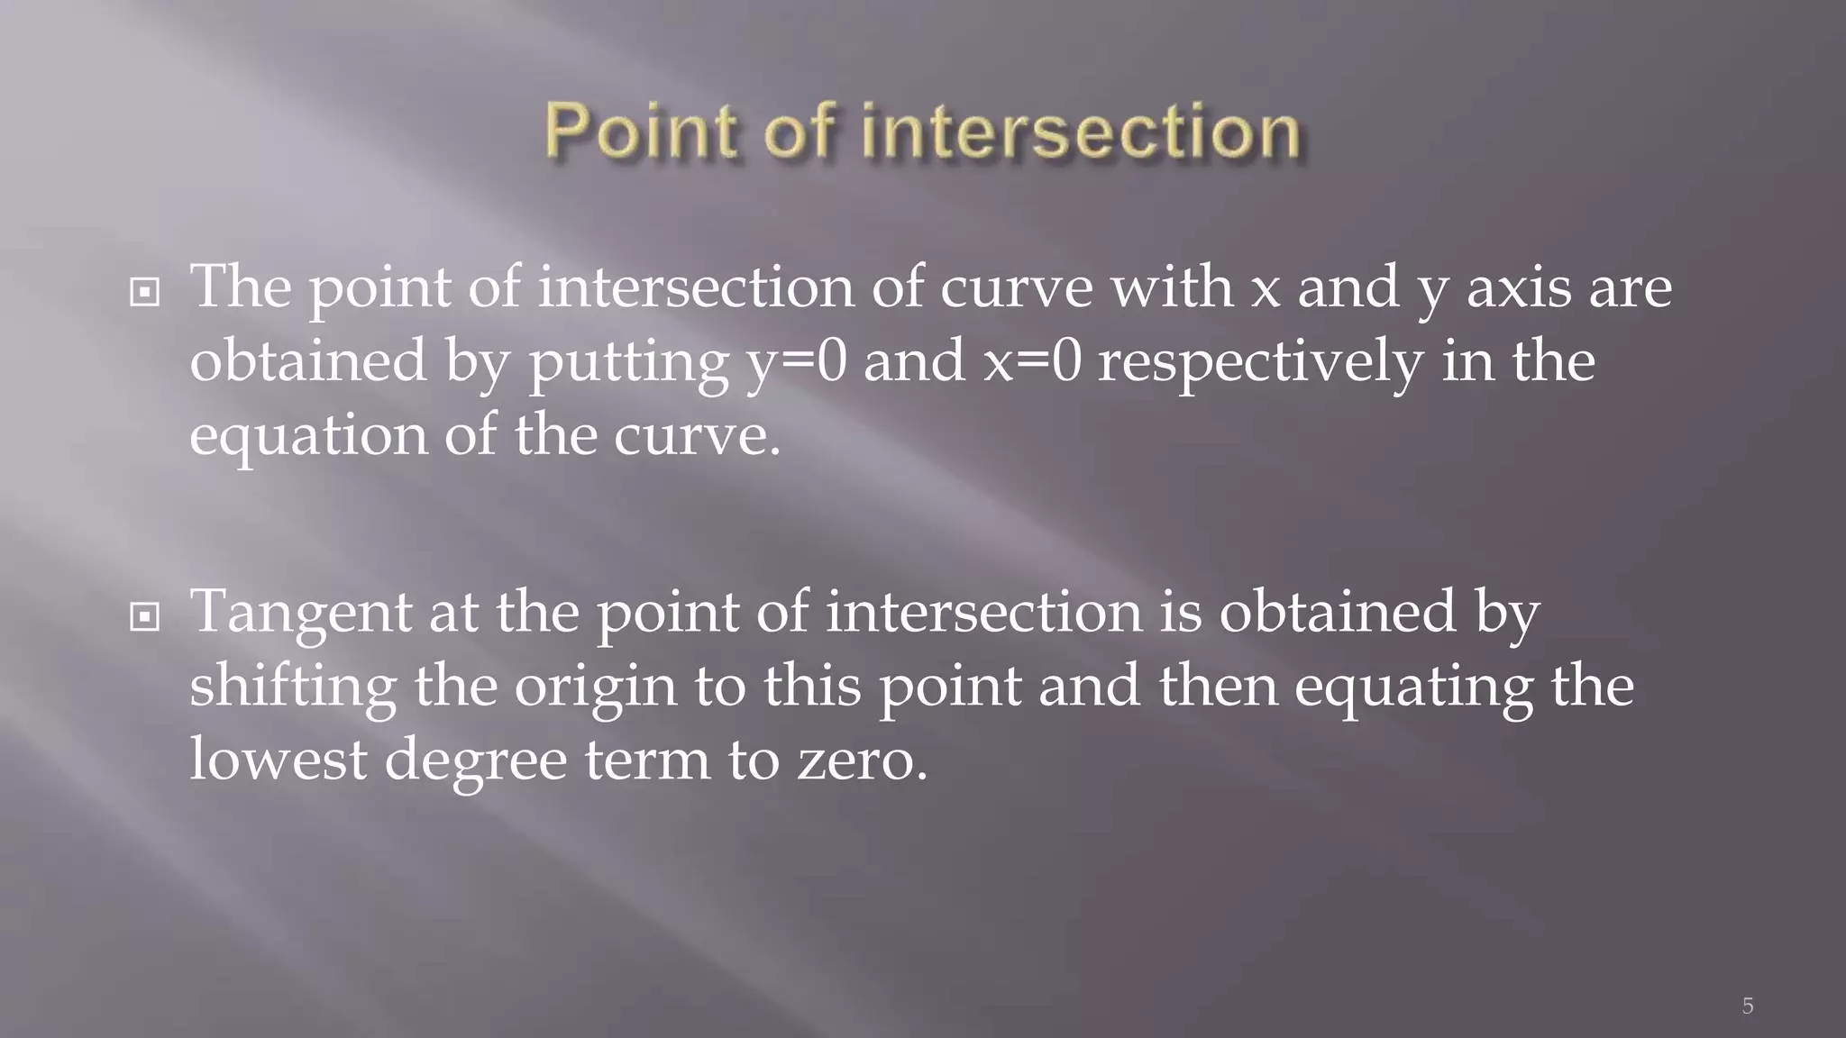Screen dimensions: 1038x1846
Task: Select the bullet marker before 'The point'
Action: (x=144, y=292)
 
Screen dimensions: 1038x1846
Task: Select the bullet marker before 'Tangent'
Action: (x=144, y=617)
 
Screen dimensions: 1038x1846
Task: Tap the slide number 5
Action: (x=1747, y=1006)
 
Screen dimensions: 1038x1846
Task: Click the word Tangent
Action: (x=301, y=613)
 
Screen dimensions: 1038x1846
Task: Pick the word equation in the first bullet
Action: (x=308, y=436)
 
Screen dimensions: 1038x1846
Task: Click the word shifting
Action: (x=293, y=687)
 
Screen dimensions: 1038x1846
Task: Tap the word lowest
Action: (x=278, y=759)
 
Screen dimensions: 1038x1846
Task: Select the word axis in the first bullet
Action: (x=1518, y=288)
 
